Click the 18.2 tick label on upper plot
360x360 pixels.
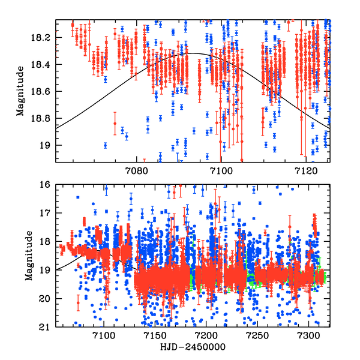click(x=44, y=37)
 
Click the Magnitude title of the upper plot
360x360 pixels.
click(x=22, y=91)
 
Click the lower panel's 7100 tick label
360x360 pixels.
click(x=104, y=336)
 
